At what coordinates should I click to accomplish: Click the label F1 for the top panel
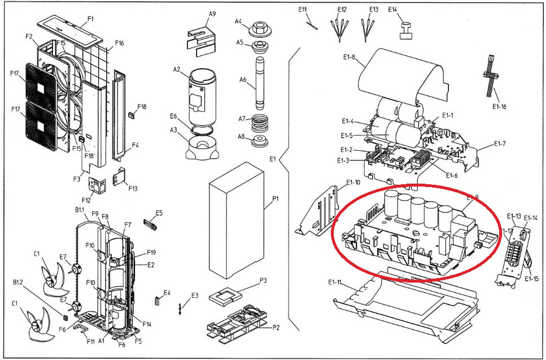90,19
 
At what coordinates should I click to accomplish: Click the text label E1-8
350,57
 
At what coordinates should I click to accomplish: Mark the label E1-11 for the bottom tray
336,281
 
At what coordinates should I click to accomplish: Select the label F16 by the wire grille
119,43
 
